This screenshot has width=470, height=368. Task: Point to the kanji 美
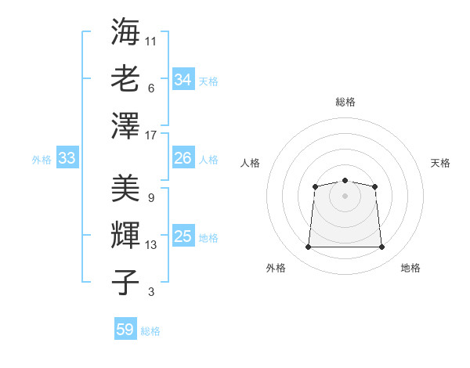tap(126, 188)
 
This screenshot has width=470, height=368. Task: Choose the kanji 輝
tap(126, 236)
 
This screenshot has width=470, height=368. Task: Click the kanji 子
tap(126, 283)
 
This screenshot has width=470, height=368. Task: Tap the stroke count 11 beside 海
tap(152, 40)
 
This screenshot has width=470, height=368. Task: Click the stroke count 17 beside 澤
tap(152, 135)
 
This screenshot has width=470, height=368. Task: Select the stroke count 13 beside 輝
tap(152, 245)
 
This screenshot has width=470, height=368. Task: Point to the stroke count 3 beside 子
tap(151, 293)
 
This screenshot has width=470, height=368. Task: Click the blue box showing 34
tap(183, 80)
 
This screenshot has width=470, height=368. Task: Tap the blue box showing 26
tap(183, 158)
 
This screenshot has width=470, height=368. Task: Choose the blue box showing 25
tap(183, 236)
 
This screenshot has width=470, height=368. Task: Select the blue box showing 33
tap(67, 158)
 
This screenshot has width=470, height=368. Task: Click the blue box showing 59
tap(125, 330)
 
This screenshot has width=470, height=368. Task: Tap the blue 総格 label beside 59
tap(150, 331)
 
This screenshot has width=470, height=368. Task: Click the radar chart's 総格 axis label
tap(345, 102)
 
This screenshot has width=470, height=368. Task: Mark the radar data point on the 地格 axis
tap(381, 247)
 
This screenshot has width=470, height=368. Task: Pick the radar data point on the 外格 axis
tap(308, 247)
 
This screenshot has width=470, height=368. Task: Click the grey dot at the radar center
tap(345, 195)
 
